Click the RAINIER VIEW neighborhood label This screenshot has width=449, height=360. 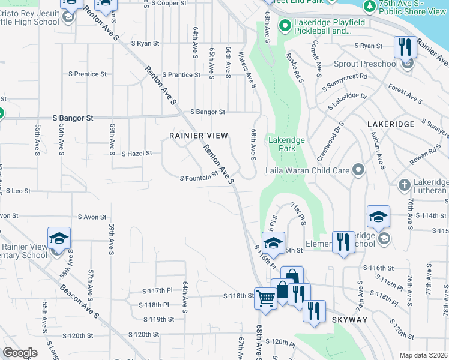pyautogui.click(x=199, y=136)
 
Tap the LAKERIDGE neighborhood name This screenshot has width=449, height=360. pyautogui.click(x=390, y=124)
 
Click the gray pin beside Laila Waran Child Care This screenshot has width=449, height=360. pyautogui.click(x=358, y=170)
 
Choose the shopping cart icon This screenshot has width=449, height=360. pyautogui.click(x=265, y=296)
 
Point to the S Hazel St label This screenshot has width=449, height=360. pyautogui.click(x=137, y=154)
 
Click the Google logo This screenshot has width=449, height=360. pyautogui.click(x=20, y=353)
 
